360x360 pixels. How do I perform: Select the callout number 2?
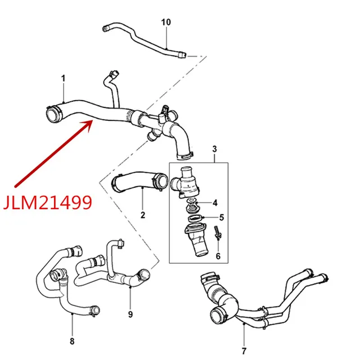143,215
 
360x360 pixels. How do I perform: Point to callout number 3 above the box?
215,148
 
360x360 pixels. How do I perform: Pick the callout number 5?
220,217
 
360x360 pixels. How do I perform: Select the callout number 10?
166,22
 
